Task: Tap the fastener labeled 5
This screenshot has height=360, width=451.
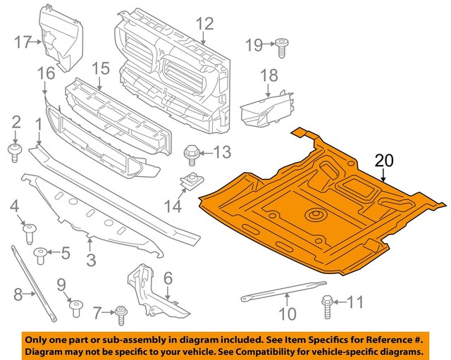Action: coord(42,252)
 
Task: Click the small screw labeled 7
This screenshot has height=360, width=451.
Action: coord(121,311)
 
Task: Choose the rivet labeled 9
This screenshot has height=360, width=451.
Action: coord(75,306)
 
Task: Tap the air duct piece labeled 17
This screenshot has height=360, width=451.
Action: coord(59,39)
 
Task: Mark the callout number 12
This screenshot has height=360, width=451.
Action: coord(204,25)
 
